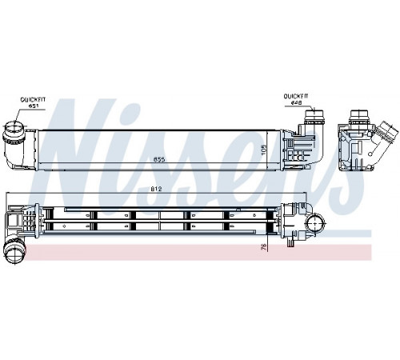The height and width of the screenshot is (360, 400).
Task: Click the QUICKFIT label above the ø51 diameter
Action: [33, 100]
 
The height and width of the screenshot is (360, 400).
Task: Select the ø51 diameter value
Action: [34, 106]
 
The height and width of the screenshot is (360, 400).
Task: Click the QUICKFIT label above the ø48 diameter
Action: [296, 96]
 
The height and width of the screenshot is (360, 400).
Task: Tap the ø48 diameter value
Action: [296, 102]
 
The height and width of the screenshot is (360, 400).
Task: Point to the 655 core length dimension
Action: [159, 159]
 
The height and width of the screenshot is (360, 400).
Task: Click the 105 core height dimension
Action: [263, 150]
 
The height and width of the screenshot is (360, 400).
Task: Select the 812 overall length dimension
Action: [157, 189]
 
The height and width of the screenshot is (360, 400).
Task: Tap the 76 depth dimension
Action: [263, 246]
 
